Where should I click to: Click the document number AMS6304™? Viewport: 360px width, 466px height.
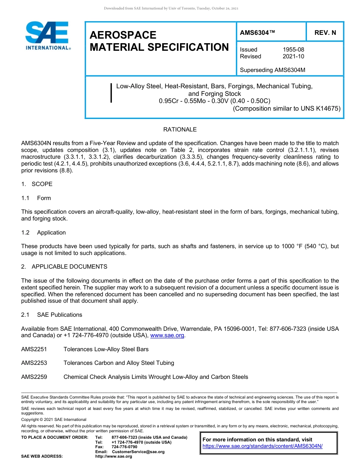click(257, 33)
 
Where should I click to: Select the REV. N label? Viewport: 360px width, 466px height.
click(325, 33)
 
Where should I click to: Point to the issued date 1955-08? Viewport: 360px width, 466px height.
click(293, 50)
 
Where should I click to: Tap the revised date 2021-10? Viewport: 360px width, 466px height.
click(293, 56)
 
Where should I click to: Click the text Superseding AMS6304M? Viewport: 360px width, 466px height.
click(272, 70)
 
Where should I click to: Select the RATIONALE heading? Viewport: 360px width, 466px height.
click(180, 130)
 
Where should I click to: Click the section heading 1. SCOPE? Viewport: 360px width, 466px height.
click(37, 184)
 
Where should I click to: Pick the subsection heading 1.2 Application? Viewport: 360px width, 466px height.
click(44, 233)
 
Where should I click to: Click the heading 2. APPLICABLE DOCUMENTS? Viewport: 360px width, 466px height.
click(64, 267)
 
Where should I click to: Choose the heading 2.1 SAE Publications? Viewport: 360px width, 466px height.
click(52, 315)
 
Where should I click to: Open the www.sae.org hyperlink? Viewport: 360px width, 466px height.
click(167, 336)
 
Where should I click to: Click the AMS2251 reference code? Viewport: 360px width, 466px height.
click(34, 349)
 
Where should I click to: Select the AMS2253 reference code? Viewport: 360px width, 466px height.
click(34, 363)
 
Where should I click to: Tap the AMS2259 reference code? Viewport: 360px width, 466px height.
click(34, 377)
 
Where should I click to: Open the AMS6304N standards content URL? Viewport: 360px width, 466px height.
click(262, 446)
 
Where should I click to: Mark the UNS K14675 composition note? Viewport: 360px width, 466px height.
click(287, 108)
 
